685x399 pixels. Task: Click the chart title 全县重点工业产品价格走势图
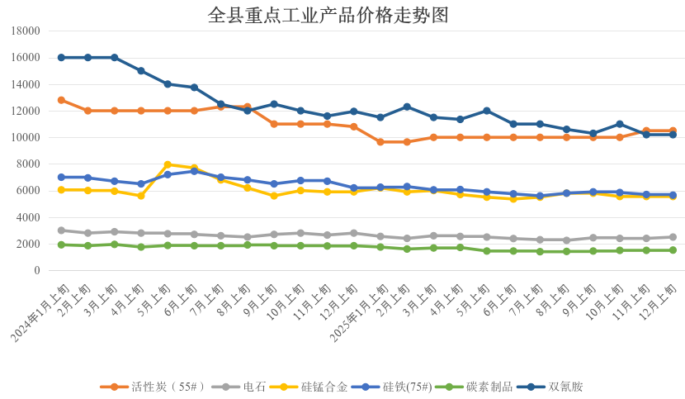tap(328, 15)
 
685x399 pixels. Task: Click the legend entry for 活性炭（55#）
tap(158, 387)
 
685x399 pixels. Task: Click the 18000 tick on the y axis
tap(26, 31)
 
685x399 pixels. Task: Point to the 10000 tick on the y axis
tap(26, 138)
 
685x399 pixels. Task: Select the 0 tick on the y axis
tap(37, 271)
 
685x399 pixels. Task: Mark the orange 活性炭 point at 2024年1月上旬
tap(61, 100)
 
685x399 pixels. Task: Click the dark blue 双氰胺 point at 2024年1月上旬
tap(61, 58)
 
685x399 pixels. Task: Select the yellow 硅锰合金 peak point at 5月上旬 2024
tap(168, 164)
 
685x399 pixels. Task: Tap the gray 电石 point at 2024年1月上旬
tap(61, 230)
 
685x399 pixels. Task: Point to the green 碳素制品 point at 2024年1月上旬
tap(61, 245)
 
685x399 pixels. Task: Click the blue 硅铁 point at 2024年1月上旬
tap(61, 177)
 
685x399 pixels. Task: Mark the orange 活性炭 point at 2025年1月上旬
tap(380, 142)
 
